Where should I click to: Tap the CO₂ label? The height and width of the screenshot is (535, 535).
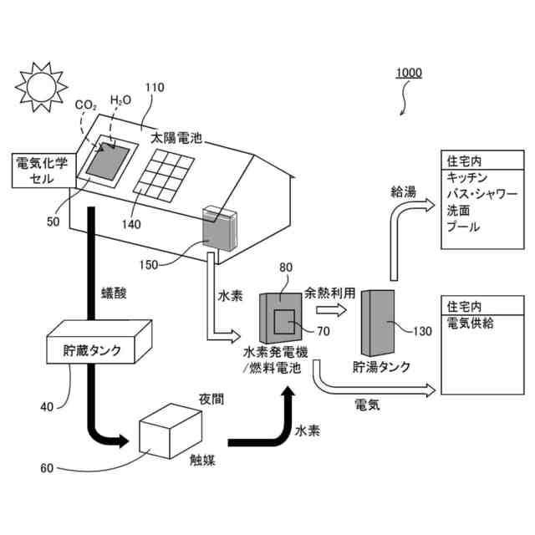(x=85, y=105)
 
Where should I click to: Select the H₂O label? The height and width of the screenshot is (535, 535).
(x=121, y=100)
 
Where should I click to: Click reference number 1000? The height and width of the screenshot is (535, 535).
(x=409, y=73)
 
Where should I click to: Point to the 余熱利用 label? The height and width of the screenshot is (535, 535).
(x=331, y=293)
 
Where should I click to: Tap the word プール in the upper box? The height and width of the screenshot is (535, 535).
(x=463, y=227)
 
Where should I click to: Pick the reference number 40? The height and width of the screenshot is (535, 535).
(x=48, y=407)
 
